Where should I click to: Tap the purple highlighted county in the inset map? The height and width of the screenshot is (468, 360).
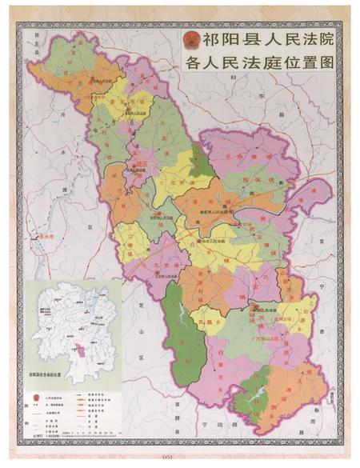tap(79, 354)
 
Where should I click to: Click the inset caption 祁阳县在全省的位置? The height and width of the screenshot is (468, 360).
tap(57, 373)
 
